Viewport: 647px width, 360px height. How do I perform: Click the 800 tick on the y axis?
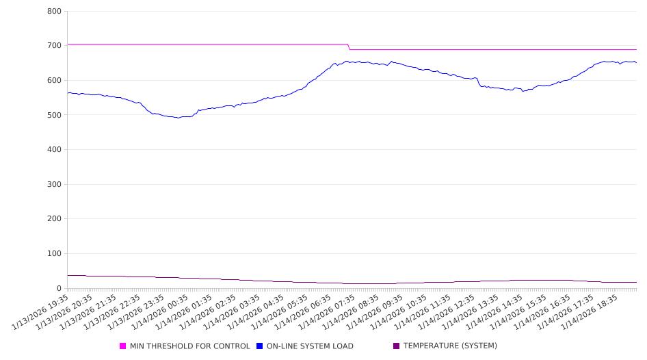55,12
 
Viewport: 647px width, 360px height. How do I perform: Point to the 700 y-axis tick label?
55,46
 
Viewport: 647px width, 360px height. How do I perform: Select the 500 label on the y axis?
55,115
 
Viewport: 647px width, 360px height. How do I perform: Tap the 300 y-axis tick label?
55,185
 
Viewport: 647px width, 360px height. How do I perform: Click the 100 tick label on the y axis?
55,254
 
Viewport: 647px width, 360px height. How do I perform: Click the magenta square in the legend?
123,346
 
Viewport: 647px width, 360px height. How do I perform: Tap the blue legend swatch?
260,346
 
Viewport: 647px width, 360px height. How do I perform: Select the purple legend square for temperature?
396,346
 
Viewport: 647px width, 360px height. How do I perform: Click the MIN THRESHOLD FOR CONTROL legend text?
189,346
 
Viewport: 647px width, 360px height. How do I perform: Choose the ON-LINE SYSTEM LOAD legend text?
310,346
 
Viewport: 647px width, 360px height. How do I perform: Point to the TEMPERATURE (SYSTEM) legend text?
450,346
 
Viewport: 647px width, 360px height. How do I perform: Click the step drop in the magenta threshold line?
349,47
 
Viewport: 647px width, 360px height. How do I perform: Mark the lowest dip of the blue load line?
179,118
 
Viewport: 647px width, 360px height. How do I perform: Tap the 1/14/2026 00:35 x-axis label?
159,312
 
